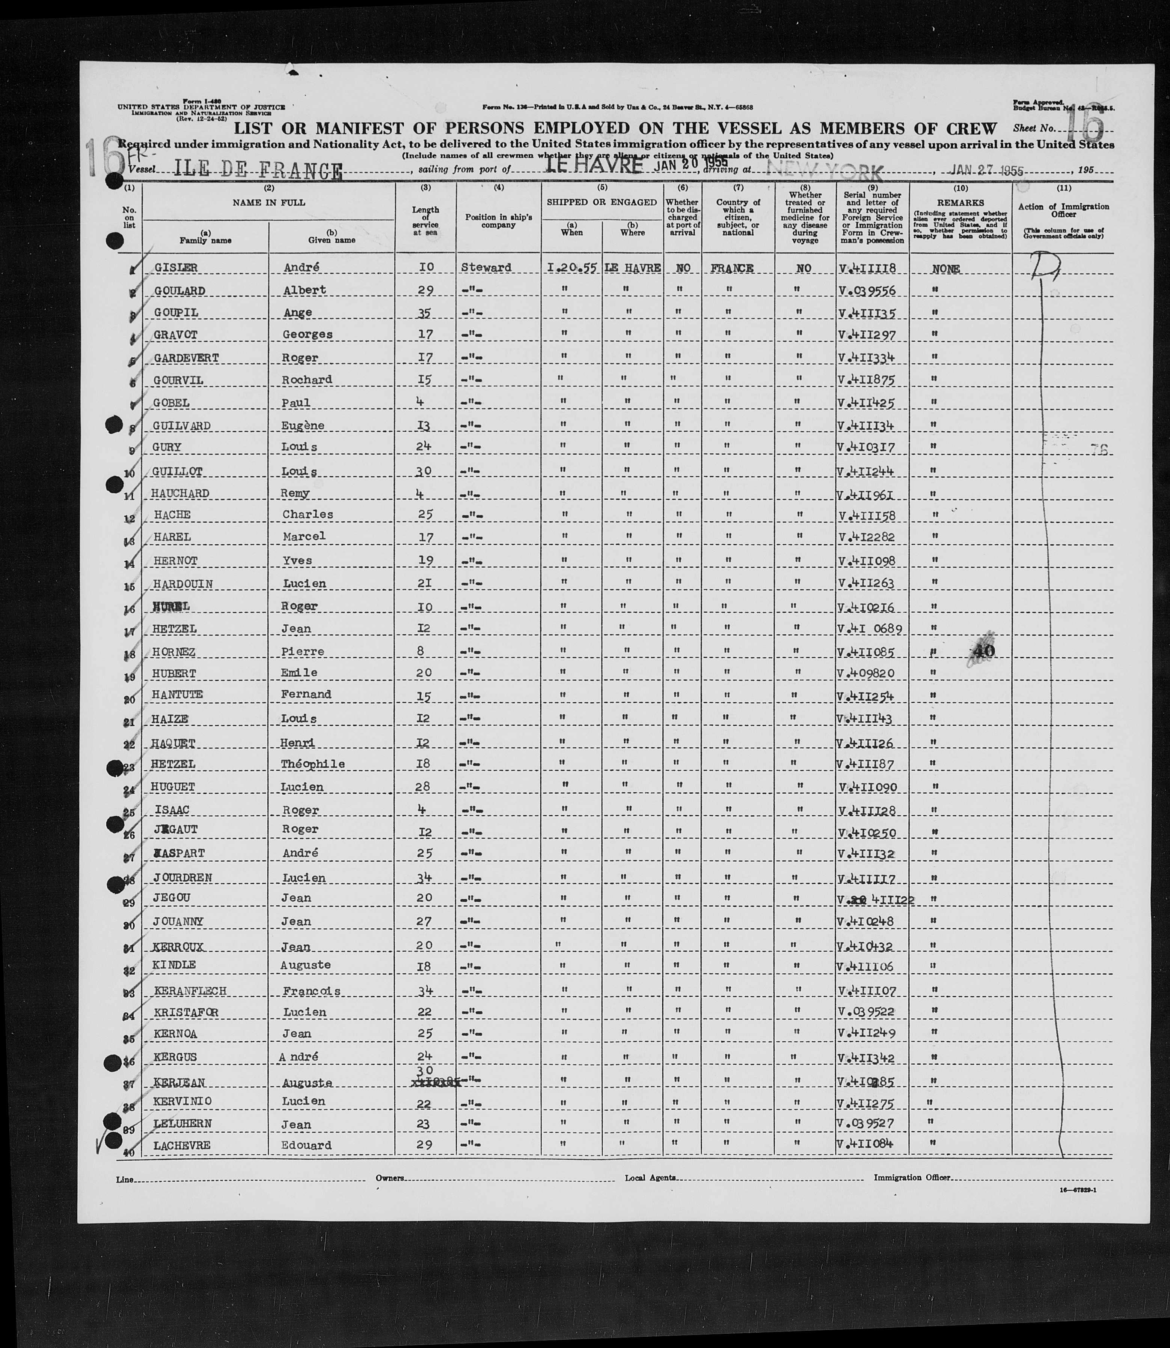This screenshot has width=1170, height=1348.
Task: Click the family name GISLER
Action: pos(176,268)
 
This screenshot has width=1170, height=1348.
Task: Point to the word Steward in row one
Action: pos(486,268)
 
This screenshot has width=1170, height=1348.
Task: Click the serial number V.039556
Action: pos(866,291)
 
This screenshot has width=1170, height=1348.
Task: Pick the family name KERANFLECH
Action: pos(190,991)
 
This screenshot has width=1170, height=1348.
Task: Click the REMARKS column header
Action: pos(960,203)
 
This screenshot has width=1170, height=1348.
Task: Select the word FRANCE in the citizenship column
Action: pos(732,268)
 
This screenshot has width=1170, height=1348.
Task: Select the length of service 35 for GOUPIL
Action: pos(424,313)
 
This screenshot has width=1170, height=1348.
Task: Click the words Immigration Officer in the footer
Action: pos(912,1178)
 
